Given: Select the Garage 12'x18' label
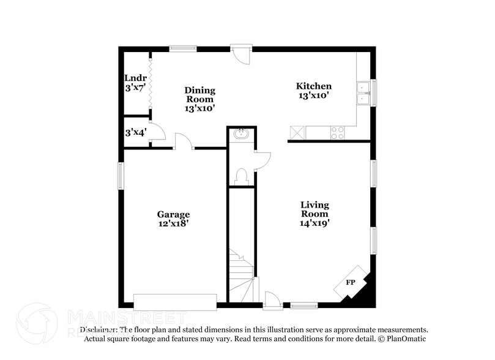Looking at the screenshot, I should [x=173, y=219].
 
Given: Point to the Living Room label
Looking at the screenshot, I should [x=314, y=214].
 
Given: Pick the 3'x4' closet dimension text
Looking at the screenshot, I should [x=135, y=132].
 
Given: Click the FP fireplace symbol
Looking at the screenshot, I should [x=351, y=282].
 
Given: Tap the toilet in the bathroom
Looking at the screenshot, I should [x=241, y=176].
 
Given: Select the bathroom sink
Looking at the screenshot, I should [x=241, y=133].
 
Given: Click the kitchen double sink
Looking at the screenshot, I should [x=364, y=92].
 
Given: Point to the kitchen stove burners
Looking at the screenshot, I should [x=338, y=132].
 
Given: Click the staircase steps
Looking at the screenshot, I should [x=241, y=272].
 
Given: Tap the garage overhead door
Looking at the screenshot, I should [x=175, y=302].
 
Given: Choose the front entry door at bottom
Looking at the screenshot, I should [x=273, y=301].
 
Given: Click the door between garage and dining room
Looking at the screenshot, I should [x=183, y=141].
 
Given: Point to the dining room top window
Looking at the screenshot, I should [x=182, y=48].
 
